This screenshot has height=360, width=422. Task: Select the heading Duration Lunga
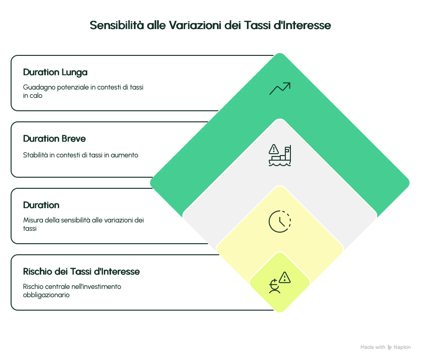pyautogui.click(x=55, y=72)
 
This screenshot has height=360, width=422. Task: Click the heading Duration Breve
pyautogui.click(x=54, y=138)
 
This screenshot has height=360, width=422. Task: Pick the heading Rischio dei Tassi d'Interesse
pyautogui.click(x=81, y=271)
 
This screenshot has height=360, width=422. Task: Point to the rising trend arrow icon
pyautogui.click(x=280, y=89)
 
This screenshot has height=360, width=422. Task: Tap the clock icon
pyautogui.click(x=280, y=222)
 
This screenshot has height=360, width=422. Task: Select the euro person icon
pyautogui.click(x=275, y=287)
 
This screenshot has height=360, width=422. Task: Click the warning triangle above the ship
pyautogui.click(x=274, y=149)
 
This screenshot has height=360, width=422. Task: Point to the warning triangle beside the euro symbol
pyautogui.click(x=285, y=277)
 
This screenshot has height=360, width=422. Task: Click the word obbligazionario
pyautogui.click(x=46, y=295)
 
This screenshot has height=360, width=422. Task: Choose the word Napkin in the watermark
pyautogui.click(x=402, y=347)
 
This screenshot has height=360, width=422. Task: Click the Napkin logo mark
pyautogui.click(x=390, y=348)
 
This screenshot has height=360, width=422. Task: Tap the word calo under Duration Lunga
pyautogui.click(x=36, y=96)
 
